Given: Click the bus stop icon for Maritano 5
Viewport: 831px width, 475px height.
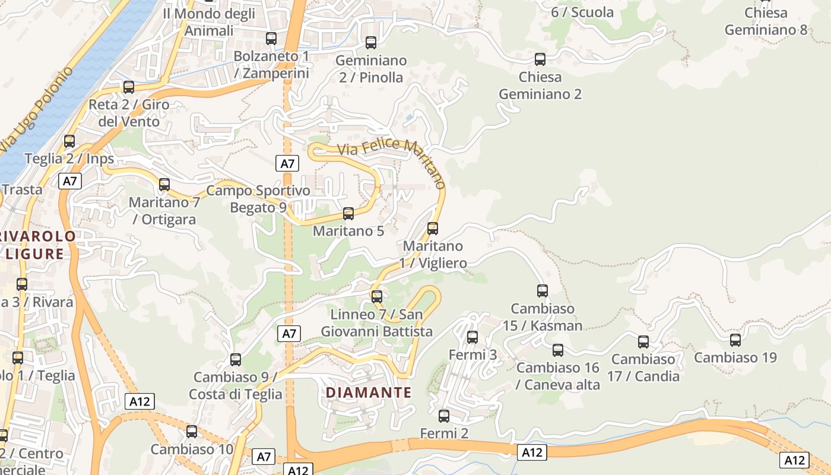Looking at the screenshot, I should pyautogui.click(x=348, y=214).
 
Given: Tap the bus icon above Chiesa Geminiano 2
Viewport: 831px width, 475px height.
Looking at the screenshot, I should pyautogui.click(x=540, y=59).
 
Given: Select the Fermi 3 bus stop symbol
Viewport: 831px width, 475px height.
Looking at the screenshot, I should pyautogui.click(x=472, y=337).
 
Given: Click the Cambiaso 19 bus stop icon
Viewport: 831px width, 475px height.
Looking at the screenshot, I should pyautogui.click(x=735, y=340).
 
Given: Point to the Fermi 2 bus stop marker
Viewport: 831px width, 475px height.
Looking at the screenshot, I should pyautogui.click(x=444, y=416).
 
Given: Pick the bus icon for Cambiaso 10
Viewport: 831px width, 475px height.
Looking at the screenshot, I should pyautogui.click(x=192, y=432).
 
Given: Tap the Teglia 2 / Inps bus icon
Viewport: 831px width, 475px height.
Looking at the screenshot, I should pyautogui.click(x=69, y=141).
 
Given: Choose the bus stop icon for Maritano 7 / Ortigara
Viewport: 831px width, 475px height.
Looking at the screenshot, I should pyautogui.click(x=164, y=185).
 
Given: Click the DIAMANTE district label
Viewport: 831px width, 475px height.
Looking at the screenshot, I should pyautogui.click(x=369, y=392).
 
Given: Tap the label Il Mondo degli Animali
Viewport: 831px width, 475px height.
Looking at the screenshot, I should pyautogui.click(x=208, y=22).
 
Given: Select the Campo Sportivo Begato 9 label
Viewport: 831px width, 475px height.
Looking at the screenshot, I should pyautogui.click(x=258, y=199).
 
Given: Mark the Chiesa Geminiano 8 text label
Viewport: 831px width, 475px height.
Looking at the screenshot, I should pyautogui.click(x=766, y=21).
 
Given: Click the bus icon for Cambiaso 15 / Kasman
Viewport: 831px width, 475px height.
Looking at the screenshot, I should pyautogui.click(x=543, y=291).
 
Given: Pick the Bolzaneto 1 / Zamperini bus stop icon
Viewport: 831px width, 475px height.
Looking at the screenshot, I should pyautogui.click(x=271, y=39).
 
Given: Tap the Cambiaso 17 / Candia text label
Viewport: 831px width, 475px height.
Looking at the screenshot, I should pyautogui.click(x=643, y=368).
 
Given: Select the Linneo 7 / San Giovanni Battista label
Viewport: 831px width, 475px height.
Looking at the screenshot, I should pyautogui.click(x=377, y=323).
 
